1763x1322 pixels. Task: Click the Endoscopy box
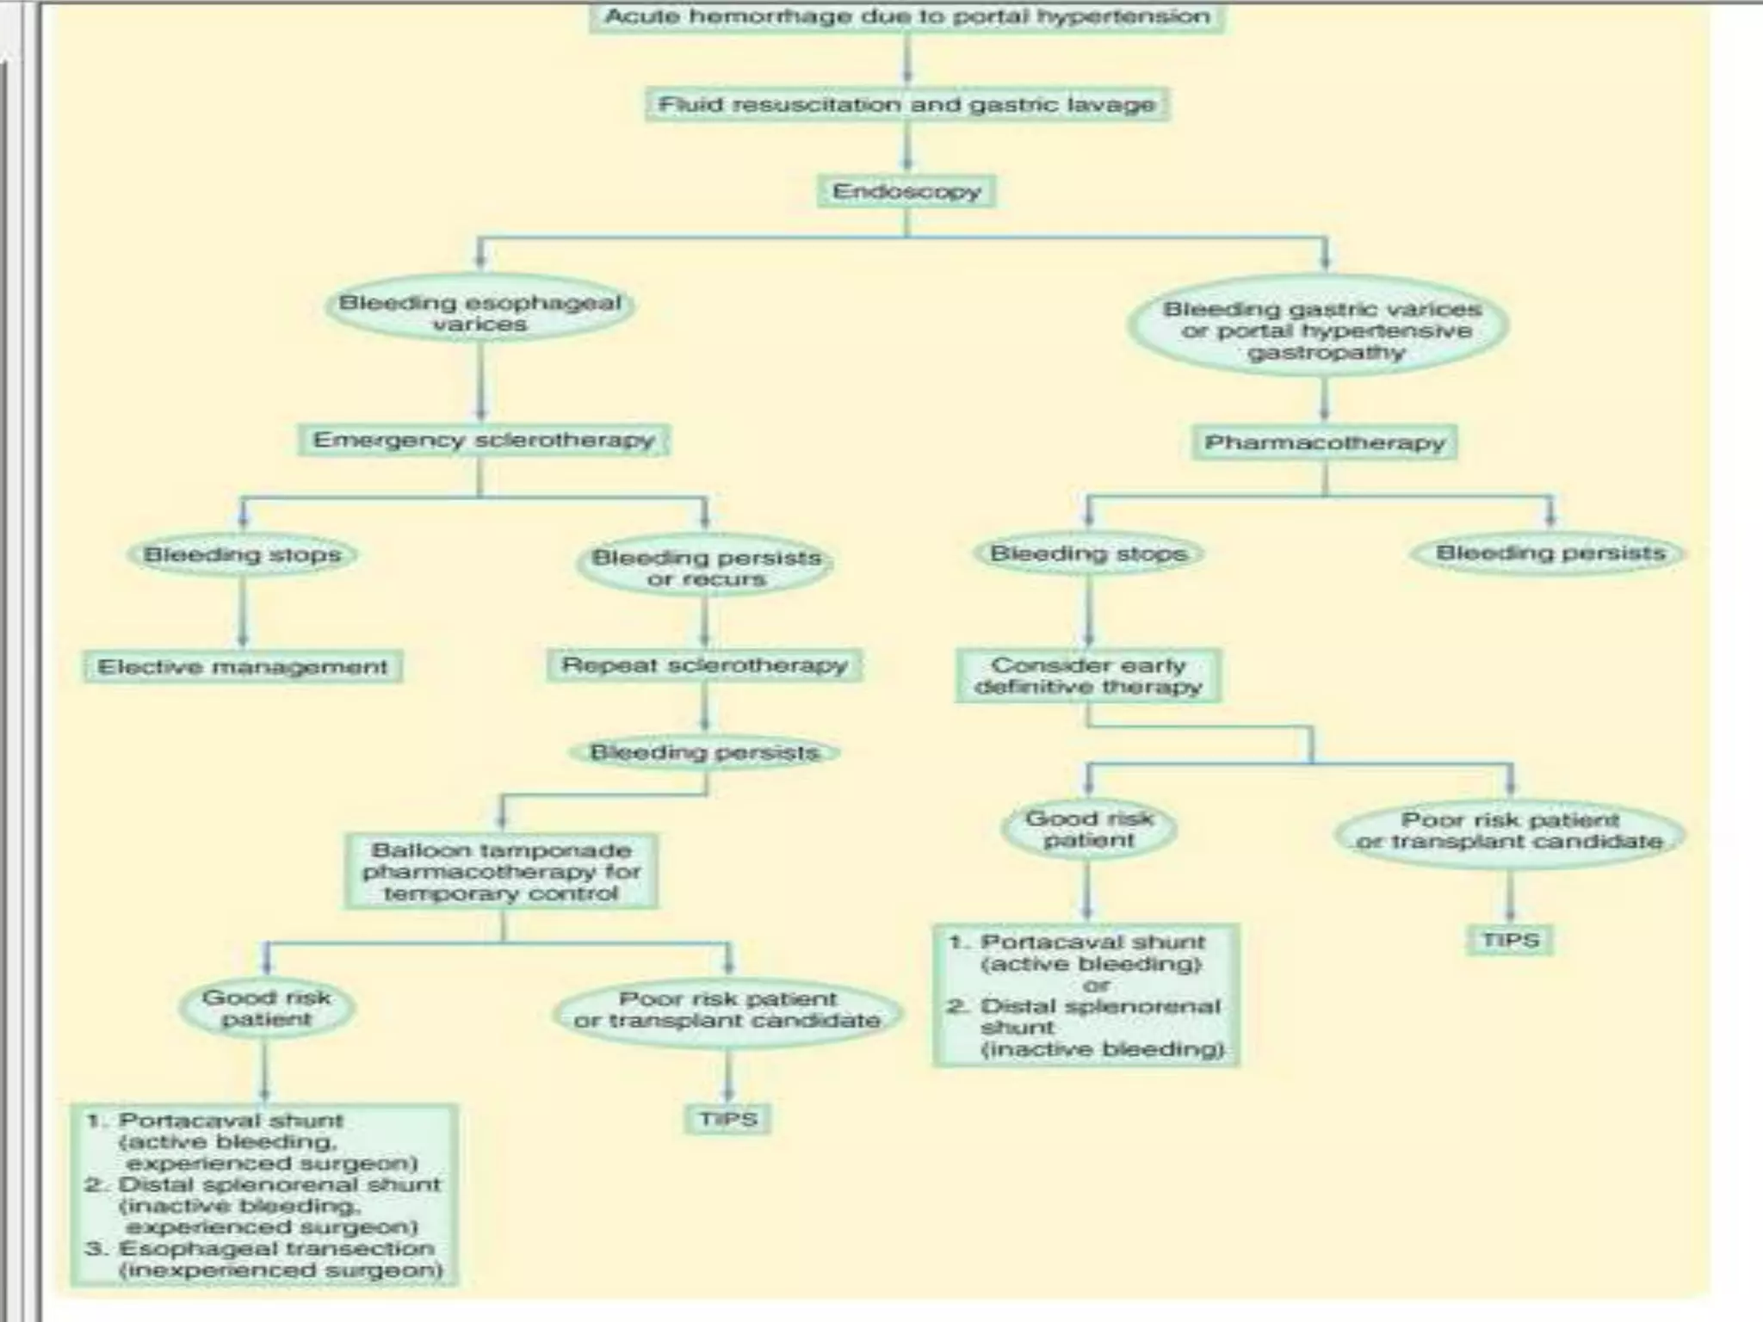pos(906,191)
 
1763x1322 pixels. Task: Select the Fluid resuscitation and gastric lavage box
pos(906,104)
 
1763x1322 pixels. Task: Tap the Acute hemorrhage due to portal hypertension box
pos(906,17)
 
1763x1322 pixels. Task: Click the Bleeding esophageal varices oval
pos(479,312)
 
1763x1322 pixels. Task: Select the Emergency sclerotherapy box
pos(484,440)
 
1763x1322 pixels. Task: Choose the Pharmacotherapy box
pos(1324,442)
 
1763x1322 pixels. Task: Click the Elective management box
pos(243,667)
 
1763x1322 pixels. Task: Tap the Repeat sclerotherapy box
pos(704,665)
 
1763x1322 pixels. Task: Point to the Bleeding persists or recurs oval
pos(706,568)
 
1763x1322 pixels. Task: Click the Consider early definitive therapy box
pos(1088,676)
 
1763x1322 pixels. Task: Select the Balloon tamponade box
pos(501,871)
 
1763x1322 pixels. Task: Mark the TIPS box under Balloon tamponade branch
pos(728,1119)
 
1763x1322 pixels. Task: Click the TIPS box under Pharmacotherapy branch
pos(1510,940)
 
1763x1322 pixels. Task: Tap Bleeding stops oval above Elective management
pos(242,555)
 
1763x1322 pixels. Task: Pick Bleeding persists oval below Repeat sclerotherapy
pos(704,753)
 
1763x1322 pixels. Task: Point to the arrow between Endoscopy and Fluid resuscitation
pos(906,146)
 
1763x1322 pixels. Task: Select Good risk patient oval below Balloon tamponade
pos(266,1008)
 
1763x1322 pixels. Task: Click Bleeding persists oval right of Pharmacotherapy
pos(1550,553)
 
